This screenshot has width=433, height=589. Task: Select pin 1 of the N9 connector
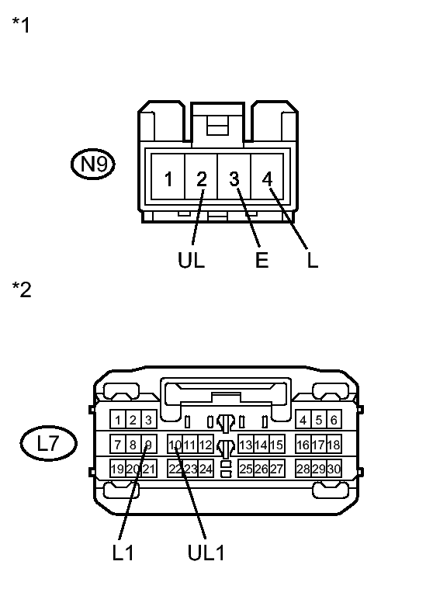coord(168,177)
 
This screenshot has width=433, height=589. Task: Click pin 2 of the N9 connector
coord(201,177)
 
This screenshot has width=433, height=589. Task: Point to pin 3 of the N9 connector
coord(234,177)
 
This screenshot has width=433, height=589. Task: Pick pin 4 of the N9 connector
coord(267,177)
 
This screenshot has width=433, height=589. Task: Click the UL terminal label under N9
coord(191,259)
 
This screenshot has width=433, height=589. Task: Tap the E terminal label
coord(262,259)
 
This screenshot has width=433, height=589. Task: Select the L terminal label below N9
coord(313,259)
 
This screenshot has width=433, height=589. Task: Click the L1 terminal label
coord(123,553)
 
